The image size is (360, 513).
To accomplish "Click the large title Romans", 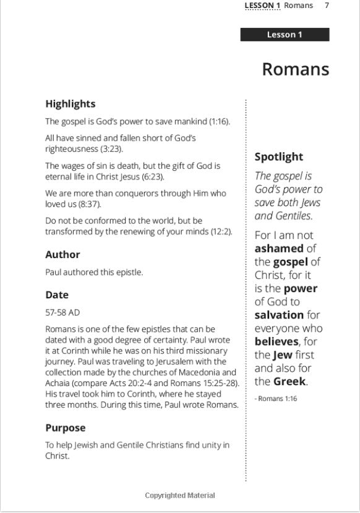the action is coord(295,69).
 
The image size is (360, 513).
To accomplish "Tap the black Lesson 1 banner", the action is coord(285,35).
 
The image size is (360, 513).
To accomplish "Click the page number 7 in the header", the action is coord(327,6).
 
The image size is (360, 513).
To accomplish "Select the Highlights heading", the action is coord(70,104).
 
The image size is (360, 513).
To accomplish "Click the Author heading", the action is coord(62,254).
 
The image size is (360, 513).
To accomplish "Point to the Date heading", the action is coord(57,295).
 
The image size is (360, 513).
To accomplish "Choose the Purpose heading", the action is coord(66,428).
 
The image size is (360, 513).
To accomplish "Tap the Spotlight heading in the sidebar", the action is coord(279,157).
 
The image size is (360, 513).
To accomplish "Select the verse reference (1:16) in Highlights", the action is coord(219,122).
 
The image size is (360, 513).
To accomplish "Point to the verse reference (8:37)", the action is coord(90,204).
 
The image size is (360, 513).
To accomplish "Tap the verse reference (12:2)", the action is coord(221,231).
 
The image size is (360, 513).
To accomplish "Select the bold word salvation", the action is coord(279,315).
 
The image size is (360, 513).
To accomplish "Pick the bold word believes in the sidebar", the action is coord(276,342).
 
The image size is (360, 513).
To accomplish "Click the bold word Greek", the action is coord(290,381).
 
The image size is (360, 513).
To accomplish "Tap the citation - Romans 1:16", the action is coord(276,399).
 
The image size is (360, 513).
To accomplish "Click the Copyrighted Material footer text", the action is coord(180,495).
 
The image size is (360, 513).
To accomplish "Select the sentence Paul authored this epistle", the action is coord(93,272).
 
